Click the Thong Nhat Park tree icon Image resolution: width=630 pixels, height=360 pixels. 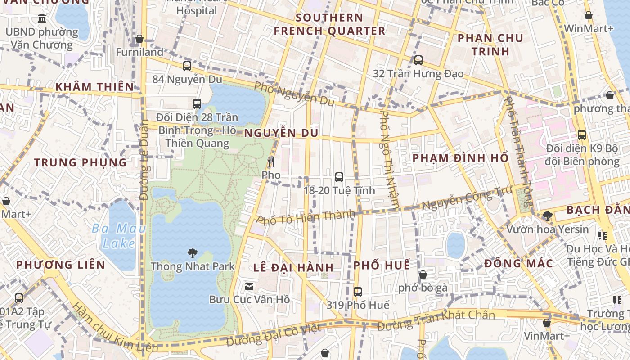[x=193, y=253]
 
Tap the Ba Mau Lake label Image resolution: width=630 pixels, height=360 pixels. [x=119, y=236]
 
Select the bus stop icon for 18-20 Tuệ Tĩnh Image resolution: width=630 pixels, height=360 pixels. [x=339, y=177]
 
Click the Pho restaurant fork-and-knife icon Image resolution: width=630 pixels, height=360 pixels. [x=271, y=162]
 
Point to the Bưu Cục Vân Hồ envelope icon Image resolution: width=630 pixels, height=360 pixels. [x=249, y=287]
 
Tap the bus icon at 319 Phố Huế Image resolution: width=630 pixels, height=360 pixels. [x=358, y=292]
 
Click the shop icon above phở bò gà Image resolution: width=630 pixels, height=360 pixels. [x=423, y=274]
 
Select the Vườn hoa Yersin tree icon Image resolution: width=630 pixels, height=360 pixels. [x=547, y=216]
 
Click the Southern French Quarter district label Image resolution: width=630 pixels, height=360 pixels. [x=330, y=24]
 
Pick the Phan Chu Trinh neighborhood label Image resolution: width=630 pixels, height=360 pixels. [x=490, y=45]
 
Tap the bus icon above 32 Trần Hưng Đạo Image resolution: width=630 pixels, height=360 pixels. [x=418, y=60]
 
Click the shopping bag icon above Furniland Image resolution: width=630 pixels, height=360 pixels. [x=139, y=39]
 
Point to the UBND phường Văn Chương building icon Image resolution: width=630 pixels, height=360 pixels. [x=42, y=19]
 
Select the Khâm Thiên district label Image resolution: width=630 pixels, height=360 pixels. [x=94, y=87]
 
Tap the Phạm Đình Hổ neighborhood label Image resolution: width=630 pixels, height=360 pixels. [x=460, y=158]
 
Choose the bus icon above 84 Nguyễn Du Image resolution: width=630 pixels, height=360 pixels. [x=187, y=66]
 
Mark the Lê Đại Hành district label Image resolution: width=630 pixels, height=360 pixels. [x=293, y=267]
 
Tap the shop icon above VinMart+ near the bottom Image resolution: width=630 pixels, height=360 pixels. [x=547, y=323]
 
